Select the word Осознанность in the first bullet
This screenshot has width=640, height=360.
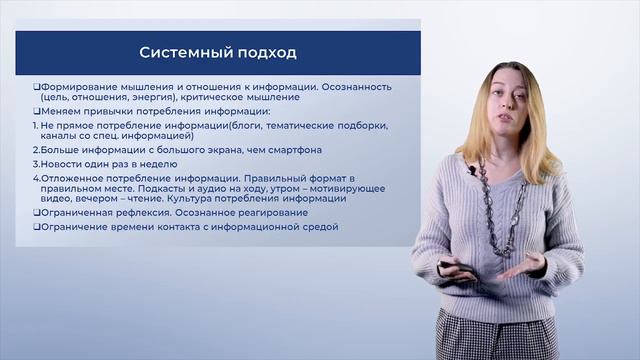click(358, 87)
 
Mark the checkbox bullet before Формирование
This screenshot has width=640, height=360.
click(35, 87)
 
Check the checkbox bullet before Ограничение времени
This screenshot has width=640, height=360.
click(35, 227)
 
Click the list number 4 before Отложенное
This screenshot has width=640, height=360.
click(34, 177)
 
